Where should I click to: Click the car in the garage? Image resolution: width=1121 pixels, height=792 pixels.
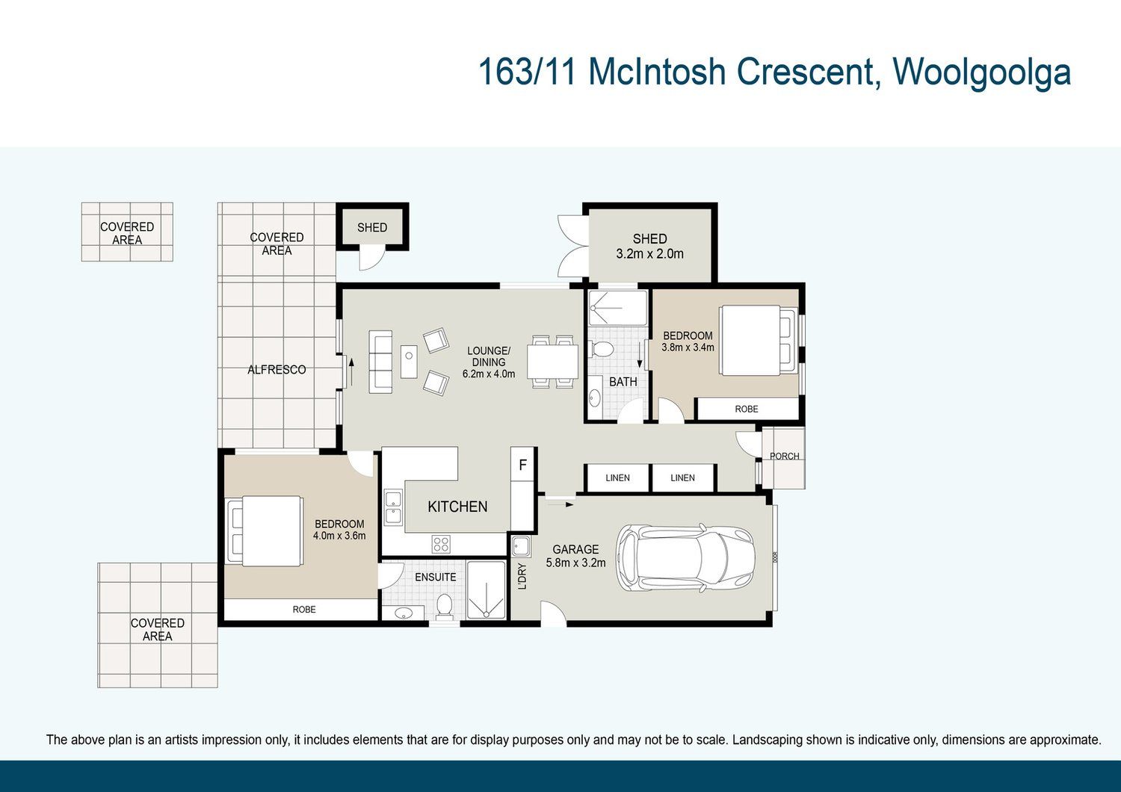pos(685,557)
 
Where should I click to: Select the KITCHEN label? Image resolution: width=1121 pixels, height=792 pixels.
pos(457,507)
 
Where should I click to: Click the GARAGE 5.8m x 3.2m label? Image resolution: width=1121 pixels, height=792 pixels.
pos(575,556)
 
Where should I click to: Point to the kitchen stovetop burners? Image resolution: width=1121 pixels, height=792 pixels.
pos(441,544)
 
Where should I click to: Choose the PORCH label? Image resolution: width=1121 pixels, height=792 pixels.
pos(784,456)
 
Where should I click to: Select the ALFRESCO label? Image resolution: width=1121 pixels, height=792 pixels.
pos(277,370)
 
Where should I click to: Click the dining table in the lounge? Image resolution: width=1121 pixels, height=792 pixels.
pos(552,362)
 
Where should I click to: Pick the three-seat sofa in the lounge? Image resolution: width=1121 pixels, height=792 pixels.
pos(380,362)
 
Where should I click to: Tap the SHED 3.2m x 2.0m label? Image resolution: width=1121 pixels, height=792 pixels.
pos(649,246)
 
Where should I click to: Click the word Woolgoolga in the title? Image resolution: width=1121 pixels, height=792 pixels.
pos(982,72)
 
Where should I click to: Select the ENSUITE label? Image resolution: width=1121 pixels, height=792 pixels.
pos(436,577)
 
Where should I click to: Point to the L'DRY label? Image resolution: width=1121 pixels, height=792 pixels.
pos(522,577)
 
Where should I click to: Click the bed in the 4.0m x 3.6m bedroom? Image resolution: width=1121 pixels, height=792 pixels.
pos(265,530)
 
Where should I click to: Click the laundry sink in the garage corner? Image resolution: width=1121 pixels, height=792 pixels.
pos(521,546)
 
